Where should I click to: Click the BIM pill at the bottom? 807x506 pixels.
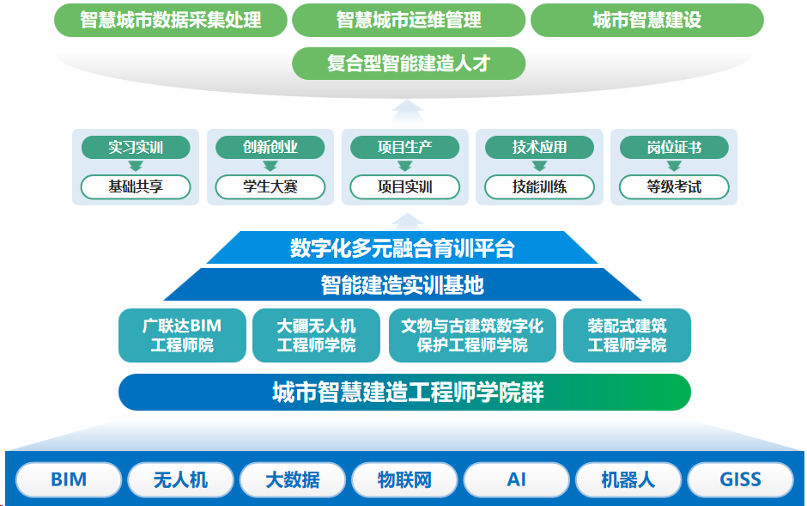click(69, 479)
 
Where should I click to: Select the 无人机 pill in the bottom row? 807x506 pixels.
click(180, 479)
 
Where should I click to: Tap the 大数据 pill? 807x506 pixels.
click(293, 479)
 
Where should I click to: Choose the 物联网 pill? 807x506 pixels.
click(404, 479)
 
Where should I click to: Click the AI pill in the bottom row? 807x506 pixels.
click(516, 479)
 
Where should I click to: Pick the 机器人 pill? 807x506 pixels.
click(628, 479)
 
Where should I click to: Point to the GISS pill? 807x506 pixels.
click(740, 479)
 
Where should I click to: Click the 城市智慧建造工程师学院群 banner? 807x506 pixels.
click(404, 393)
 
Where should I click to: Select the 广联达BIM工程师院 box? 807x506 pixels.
click(182, 335)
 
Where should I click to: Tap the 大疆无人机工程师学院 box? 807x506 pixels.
click(317, 335)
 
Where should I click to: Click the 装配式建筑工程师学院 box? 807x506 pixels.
click(627, 335)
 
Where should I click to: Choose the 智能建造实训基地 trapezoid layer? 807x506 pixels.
click(403, 284)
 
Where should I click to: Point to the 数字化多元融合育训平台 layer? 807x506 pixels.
click(403, 247)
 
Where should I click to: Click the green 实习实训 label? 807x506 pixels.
click(136, 148)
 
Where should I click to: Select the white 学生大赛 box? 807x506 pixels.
click(270, 187)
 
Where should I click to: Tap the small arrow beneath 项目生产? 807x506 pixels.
click(405, 166)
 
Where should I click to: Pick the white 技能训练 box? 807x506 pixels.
click(539, 187)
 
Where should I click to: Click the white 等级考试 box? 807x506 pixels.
click(674, 187)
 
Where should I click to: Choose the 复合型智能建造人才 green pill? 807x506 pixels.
click(409, 64)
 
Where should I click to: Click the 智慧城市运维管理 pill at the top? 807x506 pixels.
click(409, 20)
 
